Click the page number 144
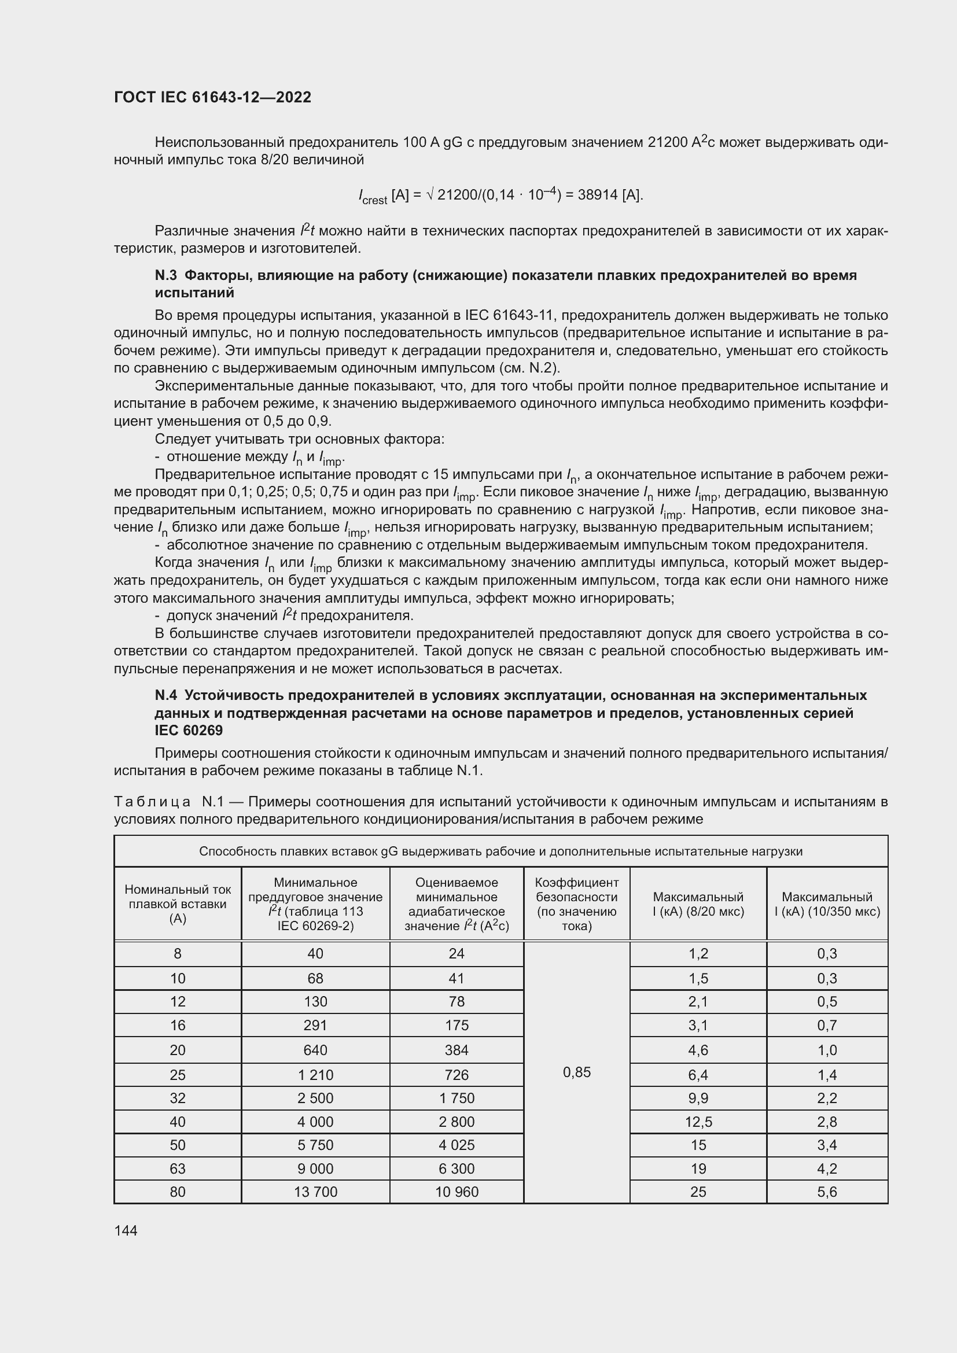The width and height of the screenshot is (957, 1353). [126, 1230]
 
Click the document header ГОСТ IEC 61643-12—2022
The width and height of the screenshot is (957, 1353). [212, 97]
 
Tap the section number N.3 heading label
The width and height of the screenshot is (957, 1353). [165, 275]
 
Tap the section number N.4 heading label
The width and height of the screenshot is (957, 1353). [165, 695]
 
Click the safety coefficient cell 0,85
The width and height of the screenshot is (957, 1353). [576, 1072]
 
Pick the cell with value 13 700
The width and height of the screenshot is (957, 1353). [315, 1192]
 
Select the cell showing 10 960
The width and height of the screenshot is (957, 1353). [457, 1192]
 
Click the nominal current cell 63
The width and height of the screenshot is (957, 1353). [178, 1168]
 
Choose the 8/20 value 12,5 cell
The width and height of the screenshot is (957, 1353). [698, 1122]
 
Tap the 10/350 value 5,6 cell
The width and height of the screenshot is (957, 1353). [827, 1192]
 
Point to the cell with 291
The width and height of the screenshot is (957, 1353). [315, 1025]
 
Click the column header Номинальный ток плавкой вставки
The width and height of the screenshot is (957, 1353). [178, 904]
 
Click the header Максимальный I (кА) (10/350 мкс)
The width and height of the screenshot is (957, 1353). [827, 904]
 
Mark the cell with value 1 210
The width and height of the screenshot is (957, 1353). [315, 1075]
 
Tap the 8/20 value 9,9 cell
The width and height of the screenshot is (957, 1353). [698, 1098]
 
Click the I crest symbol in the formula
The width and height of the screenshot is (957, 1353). [372, 196]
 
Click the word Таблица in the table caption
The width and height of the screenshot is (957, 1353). [152, 801]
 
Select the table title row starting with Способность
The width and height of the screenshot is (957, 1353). [500, 851]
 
